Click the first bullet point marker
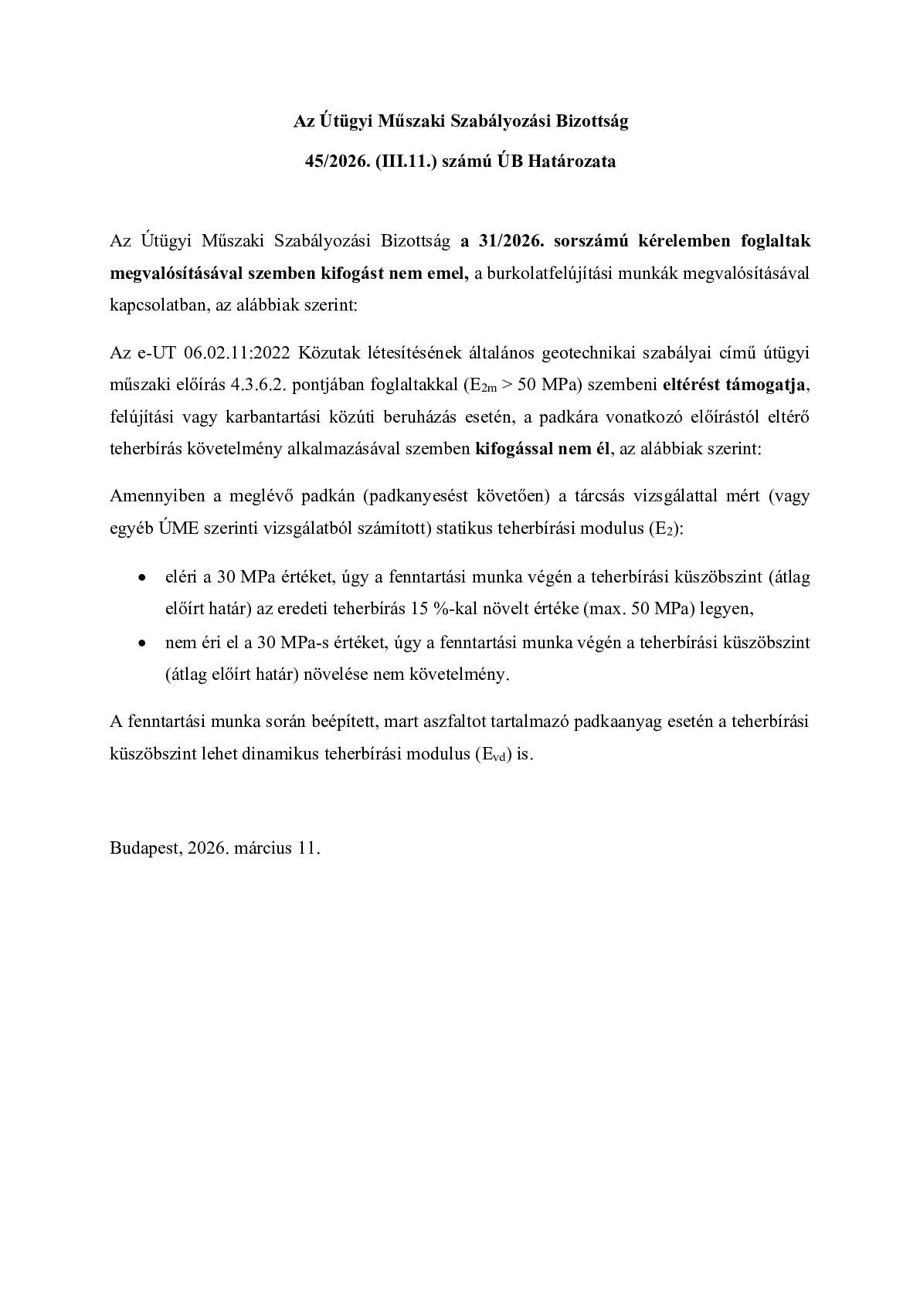pyautogui.click(x=141, y=578)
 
